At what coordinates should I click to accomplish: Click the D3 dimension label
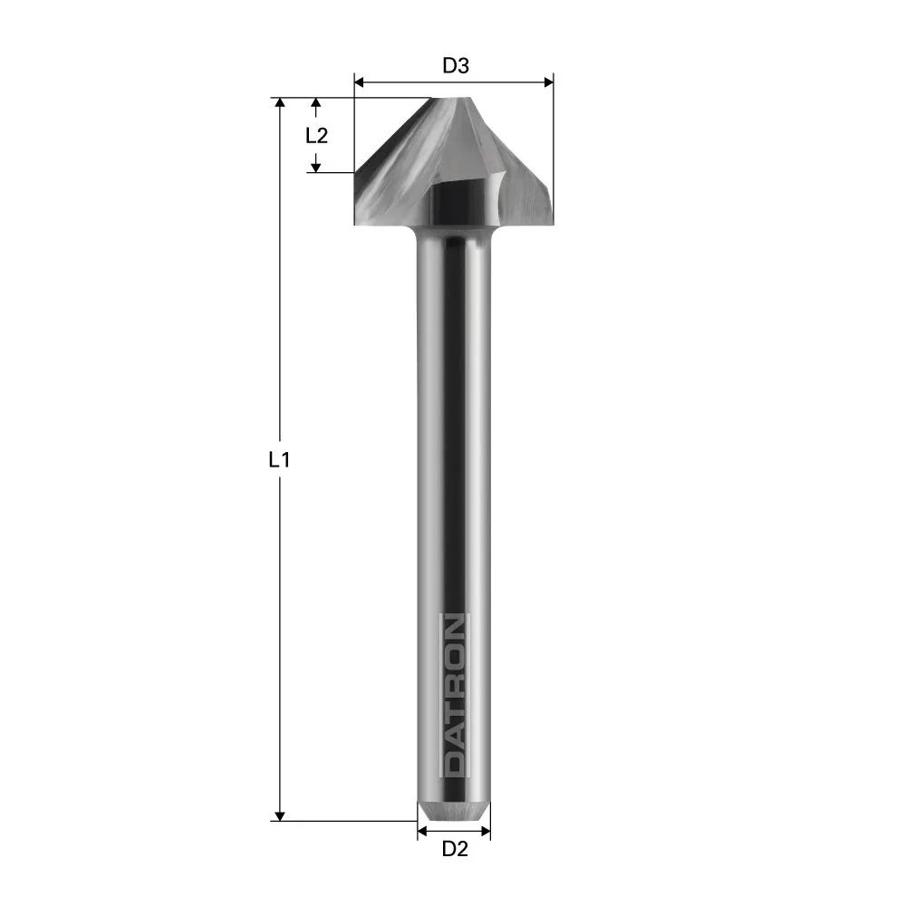tap(455, 65)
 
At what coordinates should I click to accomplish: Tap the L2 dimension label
tap(316, 136)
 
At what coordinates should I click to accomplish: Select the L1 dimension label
tap(279, 459)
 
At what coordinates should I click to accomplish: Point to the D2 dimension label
tap(454, 849)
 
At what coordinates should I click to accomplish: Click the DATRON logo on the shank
tap(454, 695)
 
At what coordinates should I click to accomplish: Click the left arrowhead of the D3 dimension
tap(358, 82)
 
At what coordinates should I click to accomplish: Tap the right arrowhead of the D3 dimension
tap(548, 82)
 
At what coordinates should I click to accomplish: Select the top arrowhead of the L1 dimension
tap(280, 102)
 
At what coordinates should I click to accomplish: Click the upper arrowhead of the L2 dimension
tap(316, 104)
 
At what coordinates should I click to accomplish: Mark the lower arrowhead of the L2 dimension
tap(316, 166)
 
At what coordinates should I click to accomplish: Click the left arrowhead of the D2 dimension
tap(421, 830)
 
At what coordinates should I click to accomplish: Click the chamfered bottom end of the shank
tap(453, 812)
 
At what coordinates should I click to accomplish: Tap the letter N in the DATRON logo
tap(454, 627)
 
